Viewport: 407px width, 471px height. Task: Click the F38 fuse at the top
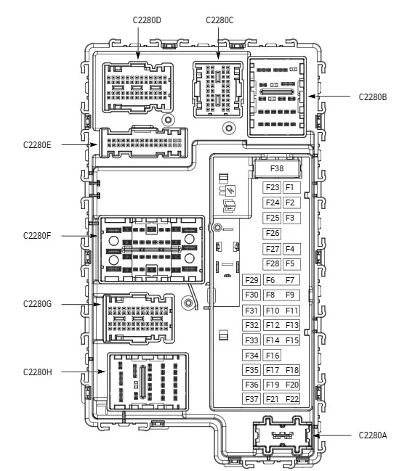click(x=277, y=168)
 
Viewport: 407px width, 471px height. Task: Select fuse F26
click(x=272, y=233)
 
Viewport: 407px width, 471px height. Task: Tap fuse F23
click(x=272, y=187)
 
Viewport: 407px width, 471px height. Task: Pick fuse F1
click(x=291, y=187)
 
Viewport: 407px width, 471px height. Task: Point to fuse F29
click(x=251, y=280)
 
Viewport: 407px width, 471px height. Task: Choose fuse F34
click(x=251, y=356)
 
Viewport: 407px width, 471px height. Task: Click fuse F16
click(x=272, y=356)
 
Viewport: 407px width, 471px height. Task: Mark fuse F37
click(x=251, y=399)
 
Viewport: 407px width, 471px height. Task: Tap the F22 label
click(x=291, y=399)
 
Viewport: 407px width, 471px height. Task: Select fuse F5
click(x=291, y=263)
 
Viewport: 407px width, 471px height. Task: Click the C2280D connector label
click(x=147, y=20)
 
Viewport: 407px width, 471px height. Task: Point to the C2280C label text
click(x=219, y=20)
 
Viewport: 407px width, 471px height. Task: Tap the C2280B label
click(x=373, y=97)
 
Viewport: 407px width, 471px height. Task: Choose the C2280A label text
click(x=373, y=435)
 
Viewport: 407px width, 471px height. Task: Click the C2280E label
click(x=37, y=145)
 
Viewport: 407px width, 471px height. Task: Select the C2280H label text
click(x=37, y=372)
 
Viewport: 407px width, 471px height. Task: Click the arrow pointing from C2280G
click(x=81, y=304)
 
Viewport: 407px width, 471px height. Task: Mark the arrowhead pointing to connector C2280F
click(x=94, y=236)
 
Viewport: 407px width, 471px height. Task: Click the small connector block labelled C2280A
click(x=282, y=435)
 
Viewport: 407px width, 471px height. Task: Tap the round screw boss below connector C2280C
click(x=229, y=128)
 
